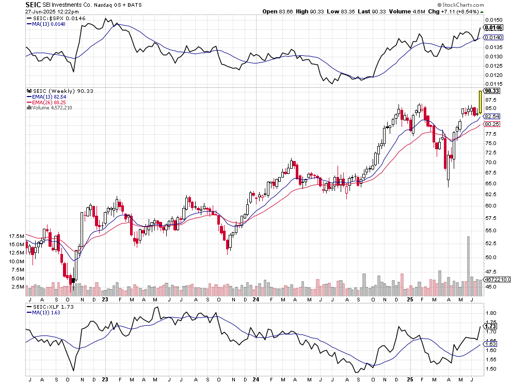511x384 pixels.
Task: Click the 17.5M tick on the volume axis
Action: tap(17, 236)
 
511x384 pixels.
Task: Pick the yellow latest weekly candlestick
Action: tap(480, 102)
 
